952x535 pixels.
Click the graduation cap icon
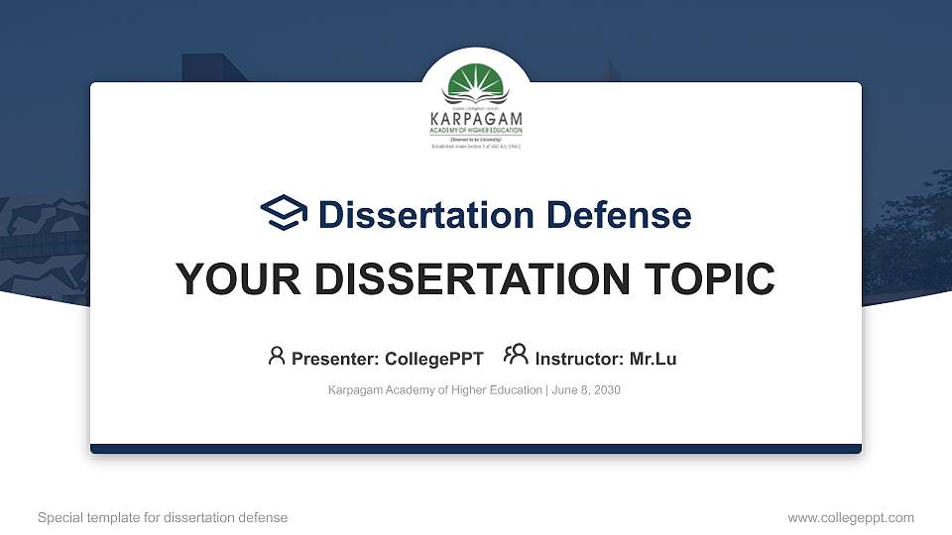pyautogui.click(x=285, y=213)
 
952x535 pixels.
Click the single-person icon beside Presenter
pyautogui.click(x=277, y=356)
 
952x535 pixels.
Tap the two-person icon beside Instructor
pyautogui.click(x=516, y=355)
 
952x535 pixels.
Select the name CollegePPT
pyautogui.click(x=433, y=359)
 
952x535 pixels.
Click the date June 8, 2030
pyautogui.click(x=586, y=390)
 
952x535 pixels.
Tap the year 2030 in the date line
pyautogui.click(x=607, y=390)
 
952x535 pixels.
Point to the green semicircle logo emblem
pyautogui.click(x=476, y=84)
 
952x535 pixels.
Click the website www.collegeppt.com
pyautogui.click(x=850, y=517)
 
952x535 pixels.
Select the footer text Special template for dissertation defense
pyautogui.click(x=163, y=517)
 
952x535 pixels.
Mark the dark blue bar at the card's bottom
pyautogui.click(x=476, y=449)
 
